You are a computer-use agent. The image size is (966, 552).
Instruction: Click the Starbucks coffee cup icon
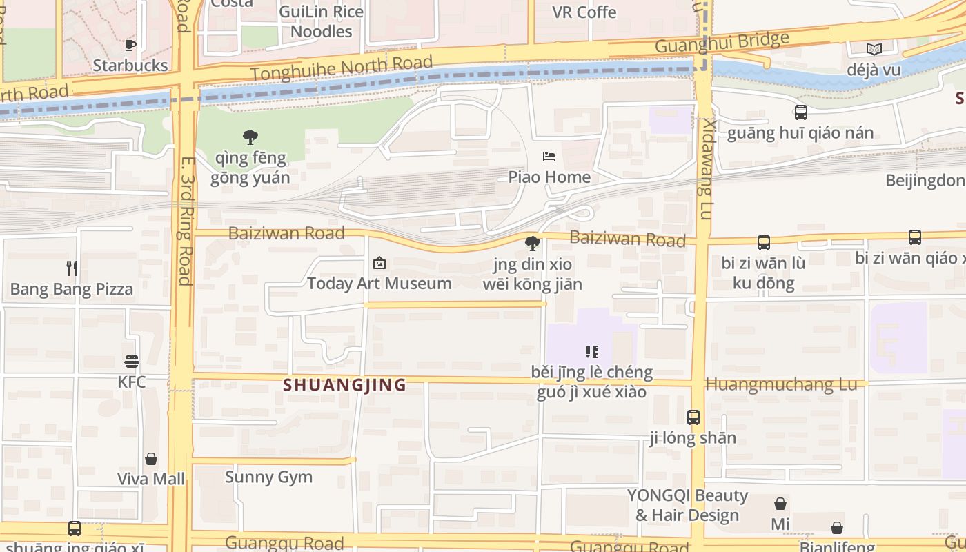click(130, 46)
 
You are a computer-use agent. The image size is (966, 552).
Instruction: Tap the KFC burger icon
click(132, 362)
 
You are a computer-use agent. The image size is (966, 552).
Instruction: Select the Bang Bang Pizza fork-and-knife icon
click(72, 268)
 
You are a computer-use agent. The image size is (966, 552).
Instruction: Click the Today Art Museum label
click(379, 284)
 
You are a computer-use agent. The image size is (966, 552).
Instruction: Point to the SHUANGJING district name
click(344, 385)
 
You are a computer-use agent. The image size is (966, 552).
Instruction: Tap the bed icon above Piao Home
click(549, 157)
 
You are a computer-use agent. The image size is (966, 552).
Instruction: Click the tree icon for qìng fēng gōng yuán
click(250, 137)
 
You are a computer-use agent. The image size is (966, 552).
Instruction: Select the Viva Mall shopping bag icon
click(151, 459)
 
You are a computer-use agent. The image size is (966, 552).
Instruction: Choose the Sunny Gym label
click(268, 477)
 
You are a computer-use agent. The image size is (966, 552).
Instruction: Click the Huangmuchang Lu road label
click(781, 384)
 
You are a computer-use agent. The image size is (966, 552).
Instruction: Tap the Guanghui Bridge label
click(721, 42)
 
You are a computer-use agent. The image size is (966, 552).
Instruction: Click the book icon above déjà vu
click(874, 49)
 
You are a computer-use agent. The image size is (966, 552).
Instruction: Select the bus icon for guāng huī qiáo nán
click(800, 112)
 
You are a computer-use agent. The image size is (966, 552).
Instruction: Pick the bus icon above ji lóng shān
click(693, 417)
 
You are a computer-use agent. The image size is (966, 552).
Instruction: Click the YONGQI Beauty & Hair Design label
click(687, 505)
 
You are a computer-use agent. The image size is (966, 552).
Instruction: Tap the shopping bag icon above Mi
click(780, 504)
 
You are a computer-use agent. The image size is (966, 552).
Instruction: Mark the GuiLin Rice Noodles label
click(321, 21)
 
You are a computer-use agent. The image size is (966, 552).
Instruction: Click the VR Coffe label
click(584, 12)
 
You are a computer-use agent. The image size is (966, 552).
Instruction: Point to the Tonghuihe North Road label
click(342, 68)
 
